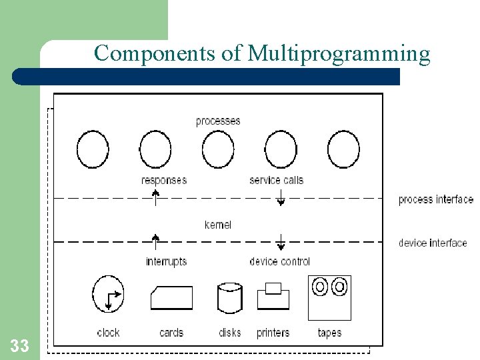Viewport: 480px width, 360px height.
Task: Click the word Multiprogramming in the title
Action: coord(339,53)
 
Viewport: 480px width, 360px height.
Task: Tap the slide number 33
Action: coord(19,345)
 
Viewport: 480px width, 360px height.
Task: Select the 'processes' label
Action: coord(218,121)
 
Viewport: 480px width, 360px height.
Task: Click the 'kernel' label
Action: coord(218,225)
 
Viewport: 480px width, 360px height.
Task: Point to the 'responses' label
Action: coord(164,180)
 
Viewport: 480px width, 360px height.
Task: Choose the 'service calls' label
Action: coord(276,180)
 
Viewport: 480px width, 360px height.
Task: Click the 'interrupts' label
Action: coord(166,261)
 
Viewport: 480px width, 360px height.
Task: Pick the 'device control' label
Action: coord(279,261)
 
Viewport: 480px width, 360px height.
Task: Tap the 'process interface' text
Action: coord(435,199)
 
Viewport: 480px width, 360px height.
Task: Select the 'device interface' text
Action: coord(433,243)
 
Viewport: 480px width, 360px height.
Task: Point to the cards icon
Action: coord(171,298)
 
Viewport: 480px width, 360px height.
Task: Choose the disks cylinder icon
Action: coord(229,297)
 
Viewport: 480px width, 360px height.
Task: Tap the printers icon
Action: coord(273,296)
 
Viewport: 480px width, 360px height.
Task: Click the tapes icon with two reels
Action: coord(329,297)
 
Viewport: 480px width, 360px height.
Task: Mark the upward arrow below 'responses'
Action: coord(155,197)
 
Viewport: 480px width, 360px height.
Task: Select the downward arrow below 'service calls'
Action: coord(281,197)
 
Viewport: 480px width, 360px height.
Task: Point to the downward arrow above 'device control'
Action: coord(281,241)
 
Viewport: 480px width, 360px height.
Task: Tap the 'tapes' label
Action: coord(329,332)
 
